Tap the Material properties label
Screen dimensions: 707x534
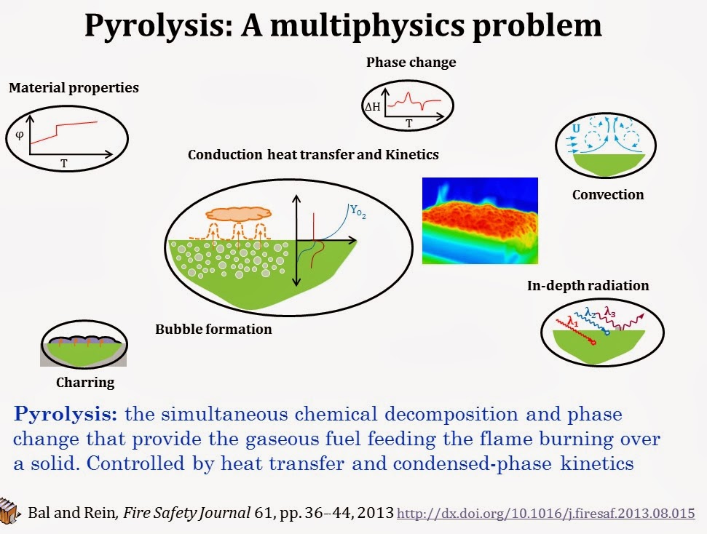coord(74,88)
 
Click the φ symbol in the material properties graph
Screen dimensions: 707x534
coord(20,135)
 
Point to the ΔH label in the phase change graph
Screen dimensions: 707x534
coord(372,107)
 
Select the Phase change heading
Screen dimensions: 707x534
coord(411,63)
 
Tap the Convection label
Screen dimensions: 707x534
coord(607,195)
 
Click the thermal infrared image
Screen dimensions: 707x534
coord(480,220)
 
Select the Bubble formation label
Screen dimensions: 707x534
coord(213,330)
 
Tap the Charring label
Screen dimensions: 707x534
coord(85,382)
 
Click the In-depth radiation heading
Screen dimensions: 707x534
coord(588,286)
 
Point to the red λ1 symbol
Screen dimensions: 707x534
coord(574,319)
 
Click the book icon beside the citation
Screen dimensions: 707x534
coord(9,510)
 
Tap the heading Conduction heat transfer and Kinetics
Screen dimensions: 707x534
coord(313,154)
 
